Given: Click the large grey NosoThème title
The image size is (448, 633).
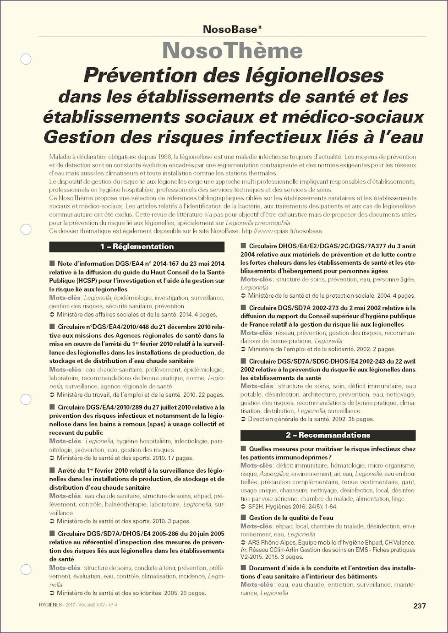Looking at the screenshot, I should pyautogui.click(x=232, y=51).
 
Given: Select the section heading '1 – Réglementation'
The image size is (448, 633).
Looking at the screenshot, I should pyautogui.click(x=137, y=247).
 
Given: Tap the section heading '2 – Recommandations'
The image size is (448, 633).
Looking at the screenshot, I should pyautogui.click(x=328, y=435).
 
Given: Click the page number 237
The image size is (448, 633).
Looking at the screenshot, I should pyautogui.click(x=419, y=606).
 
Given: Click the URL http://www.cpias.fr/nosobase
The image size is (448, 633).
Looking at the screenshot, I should pyautogui.click(x=281, y=231).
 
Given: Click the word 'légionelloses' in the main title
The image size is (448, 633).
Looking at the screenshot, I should pyautogui.click(x=315, y=76).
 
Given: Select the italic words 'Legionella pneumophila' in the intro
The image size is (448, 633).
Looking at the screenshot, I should pyautogui.click(x=258, y=223).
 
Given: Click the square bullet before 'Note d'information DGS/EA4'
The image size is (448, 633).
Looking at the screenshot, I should pyautogui.click(x=52, y=263).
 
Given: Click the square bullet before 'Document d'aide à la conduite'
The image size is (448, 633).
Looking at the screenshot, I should pyautogui.click(x=243, y=568).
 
